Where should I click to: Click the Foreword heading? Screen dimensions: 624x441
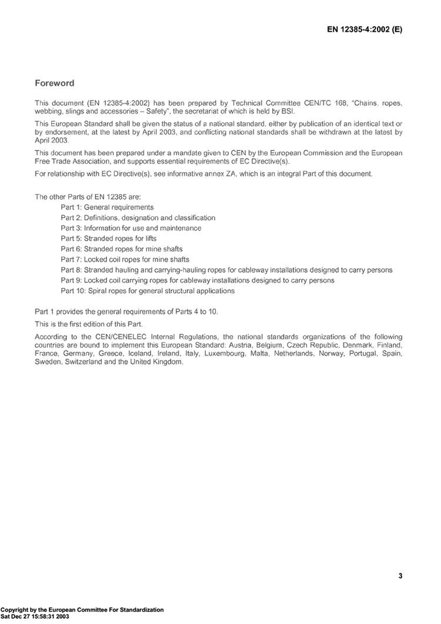[55, 83]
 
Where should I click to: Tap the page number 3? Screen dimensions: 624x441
[400, 576]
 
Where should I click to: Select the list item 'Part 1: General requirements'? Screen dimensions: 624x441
[107, 207]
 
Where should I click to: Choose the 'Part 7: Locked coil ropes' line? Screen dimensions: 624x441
[125, 259]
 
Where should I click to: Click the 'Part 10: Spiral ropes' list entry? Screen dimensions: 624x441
[148, 291]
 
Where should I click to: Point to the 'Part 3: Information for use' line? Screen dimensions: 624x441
[131, 228]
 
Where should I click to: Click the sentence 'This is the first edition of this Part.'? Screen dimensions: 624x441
[93, 323]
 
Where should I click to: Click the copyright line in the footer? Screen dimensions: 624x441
[82, 610]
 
